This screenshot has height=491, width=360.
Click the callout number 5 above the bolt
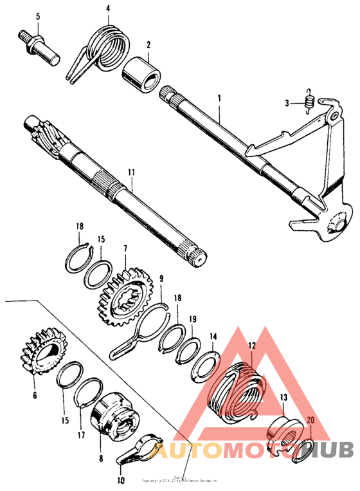tap(38, 15)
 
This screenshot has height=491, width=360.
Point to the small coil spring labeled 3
tap(309, 100)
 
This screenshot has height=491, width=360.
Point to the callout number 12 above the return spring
tap(252, 345)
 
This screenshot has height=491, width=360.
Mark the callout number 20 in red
tap(310, 421)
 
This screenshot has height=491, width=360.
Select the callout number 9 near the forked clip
tap(162, 279)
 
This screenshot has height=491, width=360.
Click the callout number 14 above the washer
tap(213, 335)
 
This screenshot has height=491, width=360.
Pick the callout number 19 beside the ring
tap(193, 319)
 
